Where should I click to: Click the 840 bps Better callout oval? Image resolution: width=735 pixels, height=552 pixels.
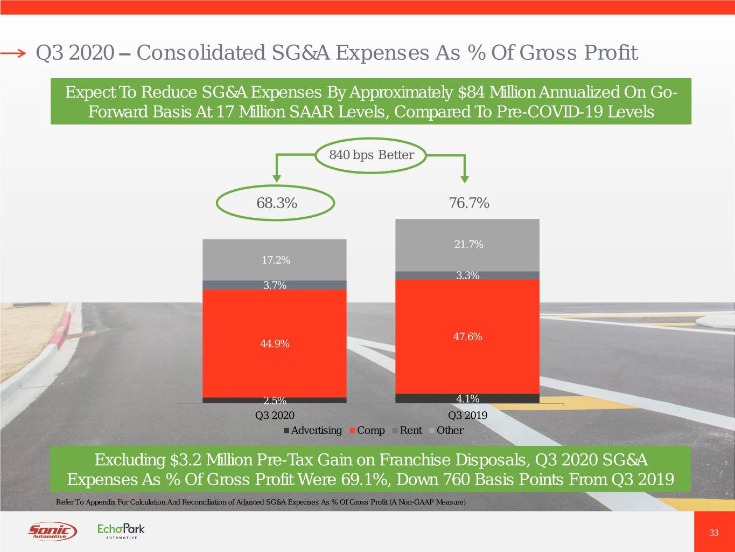[x=372, y=155]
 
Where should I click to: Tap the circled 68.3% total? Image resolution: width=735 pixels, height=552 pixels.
[x=276, y=203]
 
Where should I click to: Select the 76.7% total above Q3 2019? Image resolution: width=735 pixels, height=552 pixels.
[x=468, y=203]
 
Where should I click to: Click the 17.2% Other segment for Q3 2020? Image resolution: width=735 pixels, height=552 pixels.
[x=275, y=260]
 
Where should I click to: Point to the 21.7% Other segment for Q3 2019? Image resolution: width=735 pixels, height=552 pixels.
[x=468, y=244]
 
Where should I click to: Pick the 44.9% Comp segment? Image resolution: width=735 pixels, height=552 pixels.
[x=275, y=343]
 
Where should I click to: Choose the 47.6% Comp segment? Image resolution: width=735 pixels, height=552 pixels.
[x=467, y=336]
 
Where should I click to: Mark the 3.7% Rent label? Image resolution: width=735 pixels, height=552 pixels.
[x=275, y=285]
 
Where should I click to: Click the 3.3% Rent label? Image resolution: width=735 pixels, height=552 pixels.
[x=467, y=275]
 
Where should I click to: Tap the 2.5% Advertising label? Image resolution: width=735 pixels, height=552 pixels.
[x=275, y=401]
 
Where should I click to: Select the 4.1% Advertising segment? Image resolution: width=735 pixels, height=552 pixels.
[x=467, y=398]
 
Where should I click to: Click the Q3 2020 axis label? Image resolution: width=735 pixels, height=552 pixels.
[x=275, y=415]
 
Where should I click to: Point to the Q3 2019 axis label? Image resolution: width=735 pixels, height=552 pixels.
[x=467, y=415]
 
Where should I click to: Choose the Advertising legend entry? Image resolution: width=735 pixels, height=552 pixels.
[x=313, y=430]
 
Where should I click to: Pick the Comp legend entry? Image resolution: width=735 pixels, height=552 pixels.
[x=367, y=430]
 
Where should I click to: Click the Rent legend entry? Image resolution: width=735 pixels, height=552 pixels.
[x=408, y=430]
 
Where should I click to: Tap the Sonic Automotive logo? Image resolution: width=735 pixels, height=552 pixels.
[x=52, y=532]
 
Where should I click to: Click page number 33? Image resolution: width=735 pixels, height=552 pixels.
[x=713, y=533]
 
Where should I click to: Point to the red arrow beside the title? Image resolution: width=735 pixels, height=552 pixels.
[x=13, y=53]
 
